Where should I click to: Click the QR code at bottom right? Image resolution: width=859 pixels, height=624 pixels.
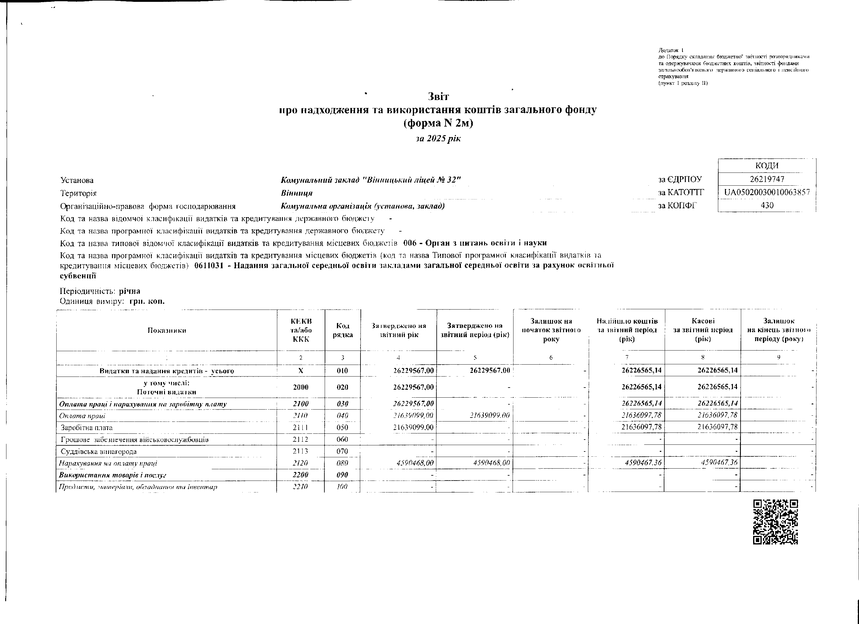[x=775, y=522]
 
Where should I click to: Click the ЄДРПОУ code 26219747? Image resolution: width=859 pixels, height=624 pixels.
[x=767, y=179]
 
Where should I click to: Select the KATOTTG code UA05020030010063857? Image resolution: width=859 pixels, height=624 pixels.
[x=767, y=192]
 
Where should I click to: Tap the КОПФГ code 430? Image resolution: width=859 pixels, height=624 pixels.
[x=767, y=206]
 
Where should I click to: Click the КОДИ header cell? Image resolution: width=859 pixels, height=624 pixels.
[x=767, y=166]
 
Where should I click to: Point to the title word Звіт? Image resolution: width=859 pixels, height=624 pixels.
[x=438, y=97]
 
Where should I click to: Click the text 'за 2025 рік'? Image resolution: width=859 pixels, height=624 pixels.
[x=438, y=139]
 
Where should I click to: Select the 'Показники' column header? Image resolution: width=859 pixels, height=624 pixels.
[x=167, y=330]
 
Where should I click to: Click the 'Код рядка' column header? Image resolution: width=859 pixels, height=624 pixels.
[x=342, y=330]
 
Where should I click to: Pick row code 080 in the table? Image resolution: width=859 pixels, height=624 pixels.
[x=342, y=463]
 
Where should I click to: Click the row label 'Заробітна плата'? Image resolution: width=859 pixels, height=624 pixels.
[x=87, y=428]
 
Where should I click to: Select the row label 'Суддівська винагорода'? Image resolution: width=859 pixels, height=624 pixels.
[x=99, y=451]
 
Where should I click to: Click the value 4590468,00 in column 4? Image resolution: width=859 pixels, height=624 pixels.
[x=414, y=463]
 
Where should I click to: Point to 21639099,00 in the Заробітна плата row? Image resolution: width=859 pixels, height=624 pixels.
[x=413, y=428]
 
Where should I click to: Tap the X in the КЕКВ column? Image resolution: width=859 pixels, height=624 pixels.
[x=301, y=371]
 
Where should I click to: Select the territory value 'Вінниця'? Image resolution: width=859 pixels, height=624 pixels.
[x=297, y=193]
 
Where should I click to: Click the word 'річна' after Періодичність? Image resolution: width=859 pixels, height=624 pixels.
[x=129, y=291]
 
